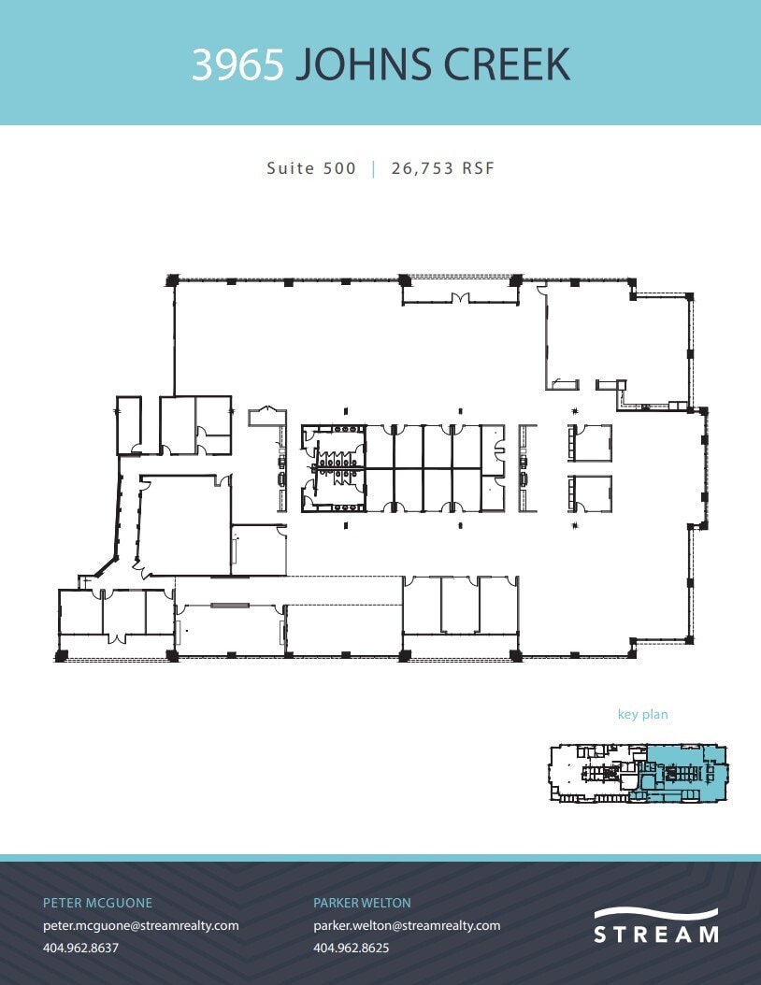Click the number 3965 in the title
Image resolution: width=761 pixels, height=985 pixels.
tap(238, 64)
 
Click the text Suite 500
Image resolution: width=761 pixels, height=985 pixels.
tap(311, 169)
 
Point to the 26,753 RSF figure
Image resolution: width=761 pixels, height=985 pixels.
tap(442, 169)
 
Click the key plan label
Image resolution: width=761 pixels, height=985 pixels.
tap(642, 715)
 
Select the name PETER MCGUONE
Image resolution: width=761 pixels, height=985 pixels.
tap(97, 904)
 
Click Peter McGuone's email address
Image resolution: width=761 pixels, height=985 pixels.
tap(141, 925)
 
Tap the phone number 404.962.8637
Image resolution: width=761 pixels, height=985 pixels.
tap(81, 947)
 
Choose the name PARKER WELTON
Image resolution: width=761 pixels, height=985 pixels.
tap(362, 904)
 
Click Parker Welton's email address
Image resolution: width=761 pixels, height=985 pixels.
tap(407, 925)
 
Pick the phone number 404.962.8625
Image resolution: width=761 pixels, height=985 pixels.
tap(351, 947)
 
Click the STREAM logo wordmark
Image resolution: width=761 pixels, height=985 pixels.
tap(656, 934)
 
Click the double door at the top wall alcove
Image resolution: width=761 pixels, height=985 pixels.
tap(459, 299)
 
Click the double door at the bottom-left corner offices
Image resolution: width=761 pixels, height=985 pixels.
tap(117, 638)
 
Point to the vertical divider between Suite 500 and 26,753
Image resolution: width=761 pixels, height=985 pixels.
tap(374, 169)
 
